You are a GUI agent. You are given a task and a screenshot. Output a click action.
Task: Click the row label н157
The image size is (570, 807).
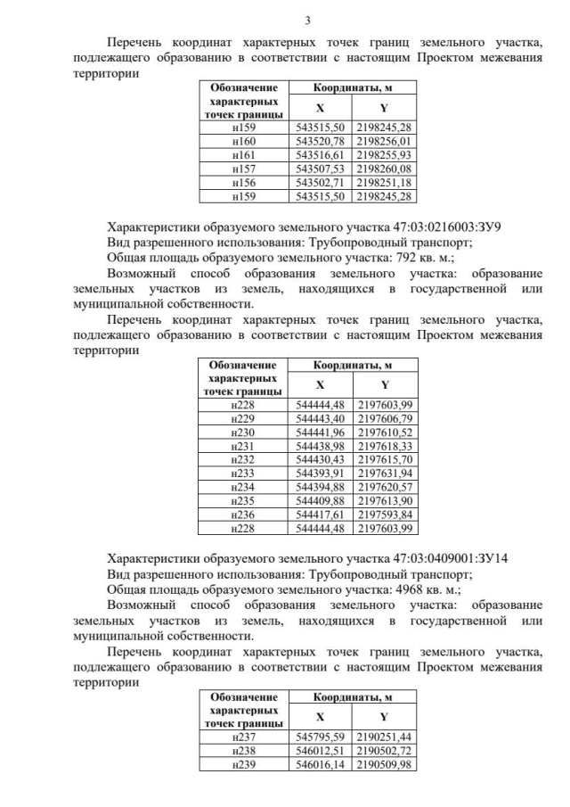pyautogui.click(x=243, y=169)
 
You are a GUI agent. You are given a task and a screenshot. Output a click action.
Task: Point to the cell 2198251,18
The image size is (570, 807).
pyautogui.click(x=385, y=182)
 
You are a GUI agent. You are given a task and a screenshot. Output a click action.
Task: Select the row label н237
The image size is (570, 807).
pyautogui.click(x=243, y=737)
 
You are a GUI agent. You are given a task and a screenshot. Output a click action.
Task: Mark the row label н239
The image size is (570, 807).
pyautogui.click(x=243, y=765)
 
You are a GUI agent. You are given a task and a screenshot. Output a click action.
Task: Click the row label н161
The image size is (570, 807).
pyautogui.click(x=243, y=154)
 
